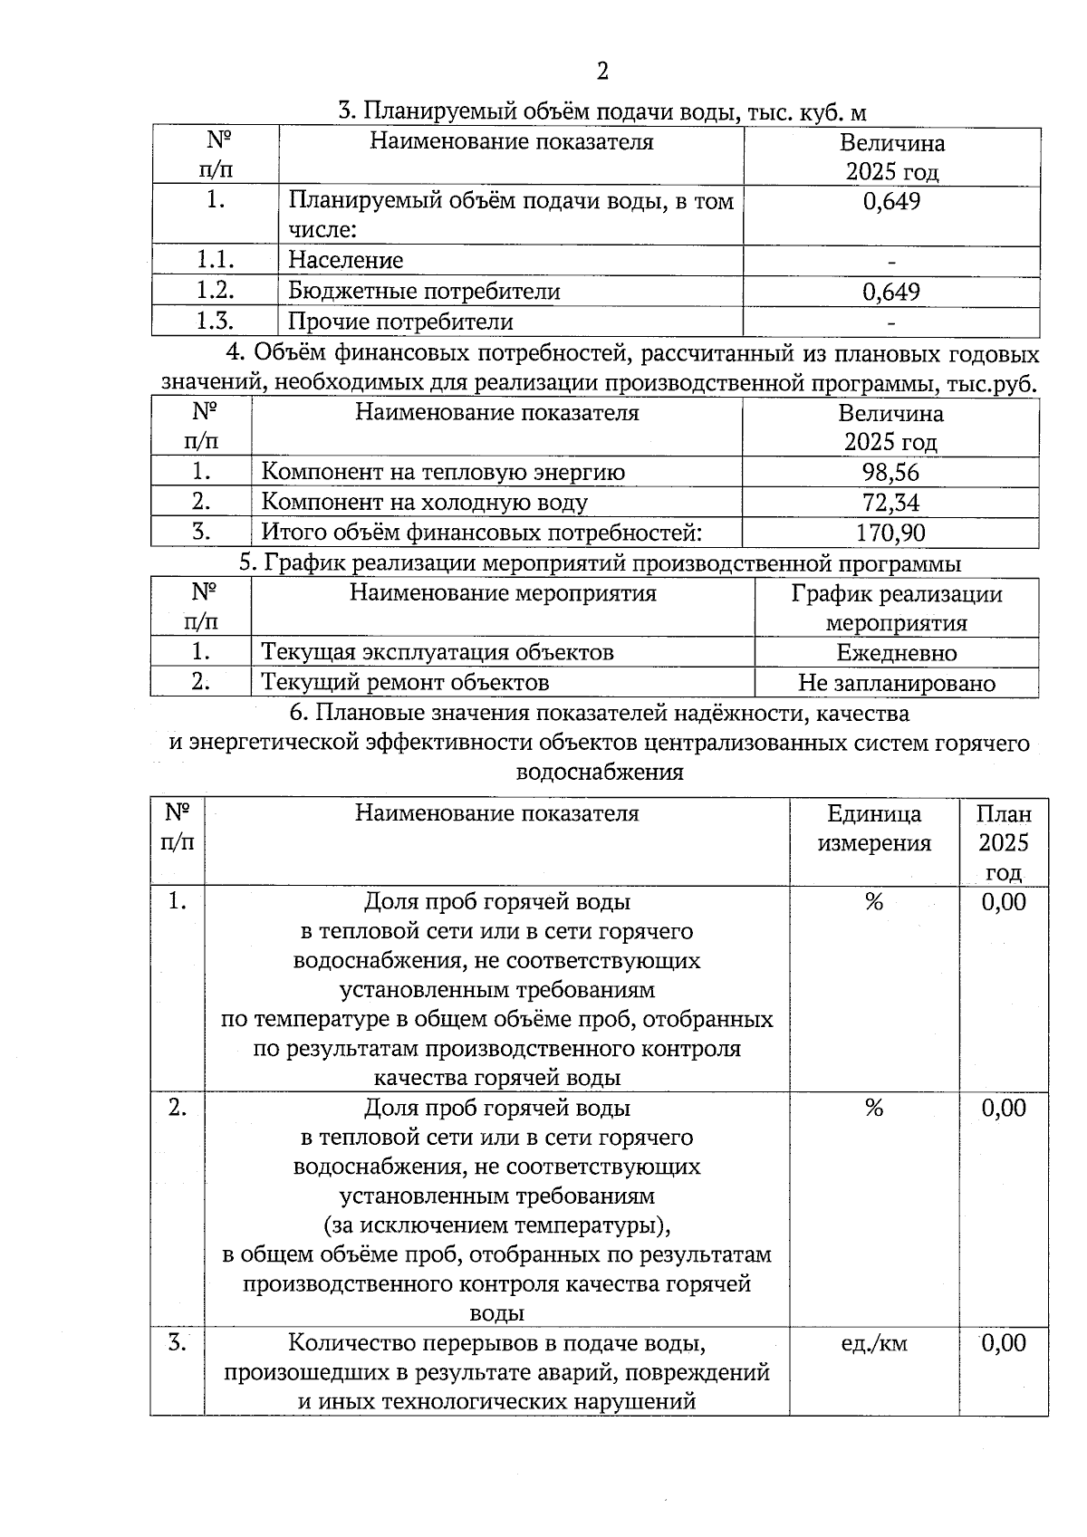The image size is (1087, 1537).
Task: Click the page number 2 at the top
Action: point(602,72)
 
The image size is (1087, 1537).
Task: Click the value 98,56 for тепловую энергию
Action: point(890,472)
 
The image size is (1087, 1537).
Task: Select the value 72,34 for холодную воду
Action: point(890,502)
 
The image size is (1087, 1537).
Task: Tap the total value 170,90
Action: point(890,533)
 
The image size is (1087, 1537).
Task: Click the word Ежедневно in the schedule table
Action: point(896,653)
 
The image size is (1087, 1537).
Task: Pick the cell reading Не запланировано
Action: point(896,683)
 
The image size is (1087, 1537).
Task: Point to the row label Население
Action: point(345,261)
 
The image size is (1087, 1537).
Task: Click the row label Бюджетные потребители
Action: point(424,292)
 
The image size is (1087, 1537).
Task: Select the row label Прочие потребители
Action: point(400,322)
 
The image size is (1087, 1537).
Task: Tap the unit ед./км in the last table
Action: point(873,1343)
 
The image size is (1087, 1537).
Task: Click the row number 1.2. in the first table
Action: point(216,291)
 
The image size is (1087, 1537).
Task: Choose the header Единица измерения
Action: point(874,829)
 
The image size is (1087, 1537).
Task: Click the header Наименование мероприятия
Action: point(503,594)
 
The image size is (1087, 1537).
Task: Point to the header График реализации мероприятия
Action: point(896,609)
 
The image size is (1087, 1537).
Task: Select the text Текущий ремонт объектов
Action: point(405,682)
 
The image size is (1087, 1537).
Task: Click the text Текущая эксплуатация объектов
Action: point(438,652)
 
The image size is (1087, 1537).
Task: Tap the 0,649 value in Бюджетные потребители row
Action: point(891,292)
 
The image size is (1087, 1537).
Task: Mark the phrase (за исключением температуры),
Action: point(497,1225)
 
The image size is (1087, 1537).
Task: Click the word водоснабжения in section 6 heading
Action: point(599,773)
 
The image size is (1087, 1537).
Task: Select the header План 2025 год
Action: point(1004,843)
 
